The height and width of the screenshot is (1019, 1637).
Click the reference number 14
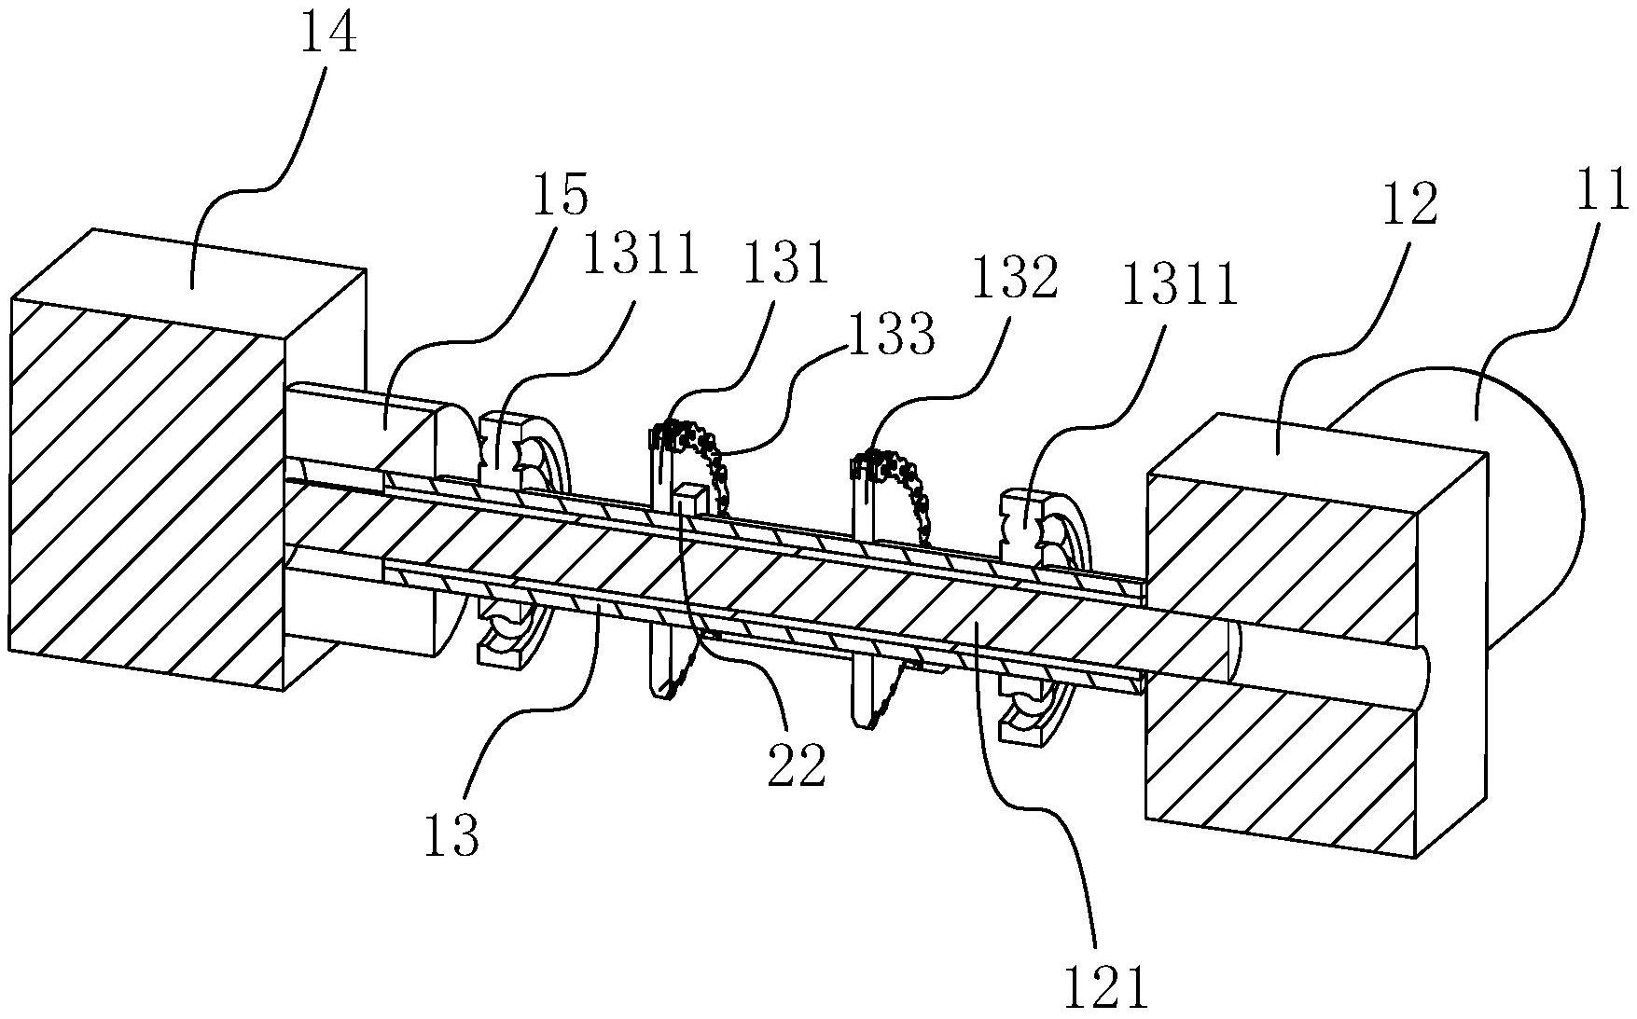(328, 34)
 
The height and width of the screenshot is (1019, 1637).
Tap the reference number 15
(562, 196)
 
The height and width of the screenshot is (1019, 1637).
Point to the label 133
(891, 336)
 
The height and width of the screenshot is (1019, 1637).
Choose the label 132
(1015, 279)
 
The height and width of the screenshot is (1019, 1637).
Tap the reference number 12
(1410, 205)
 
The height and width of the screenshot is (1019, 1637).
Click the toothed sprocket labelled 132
(895, 494)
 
